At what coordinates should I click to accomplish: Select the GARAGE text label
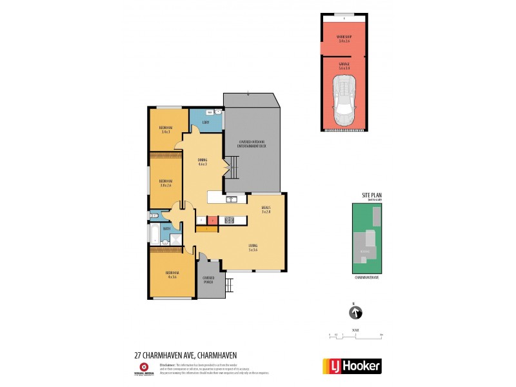coord(344,64)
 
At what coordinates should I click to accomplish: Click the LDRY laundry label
coord(206,122)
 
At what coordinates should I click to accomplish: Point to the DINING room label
coord(202,162)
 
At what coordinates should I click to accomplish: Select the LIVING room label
coord(253,246)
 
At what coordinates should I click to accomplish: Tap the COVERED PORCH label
coord(208,280)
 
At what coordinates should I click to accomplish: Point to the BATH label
coord(166,228)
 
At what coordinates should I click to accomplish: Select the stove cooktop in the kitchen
coord(229,221)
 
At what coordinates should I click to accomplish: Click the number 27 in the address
coord(137,354)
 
